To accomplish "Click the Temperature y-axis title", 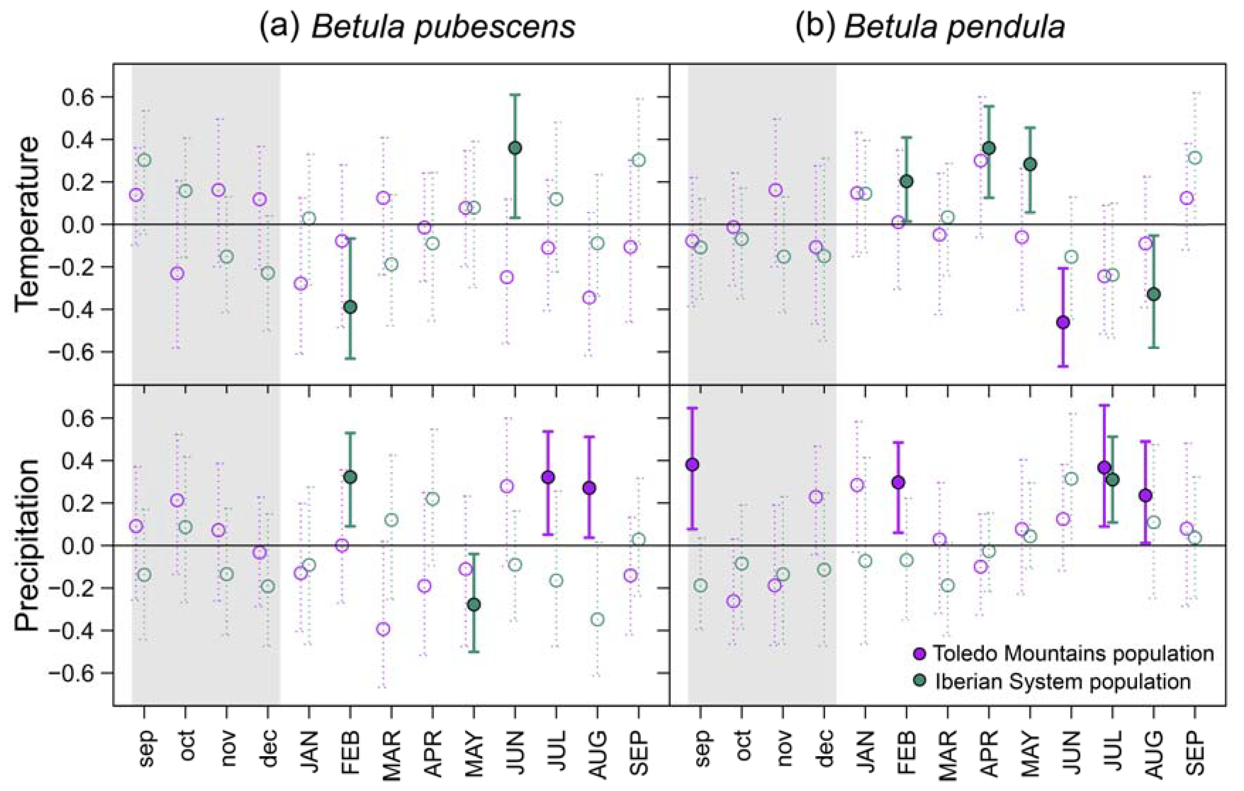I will (x=27, y=224).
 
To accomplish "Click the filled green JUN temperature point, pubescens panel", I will (x=515, y=148).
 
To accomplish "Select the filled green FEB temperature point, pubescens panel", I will (x=350, y=307).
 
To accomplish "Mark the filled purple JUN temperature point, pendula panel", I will (x=1063, y=322).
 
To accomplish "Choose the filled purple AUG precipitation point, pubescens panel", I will (x=589, y=487).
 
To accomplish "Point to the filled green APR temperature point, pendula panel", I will (x=989, y=148).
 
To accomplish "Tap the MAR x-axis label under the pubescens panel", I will (x=392, y=755).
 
